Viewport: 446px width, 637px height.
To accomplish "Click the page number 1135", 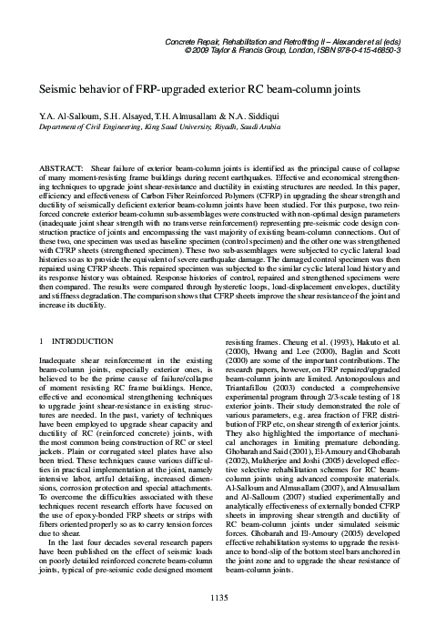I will (222, 622).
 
